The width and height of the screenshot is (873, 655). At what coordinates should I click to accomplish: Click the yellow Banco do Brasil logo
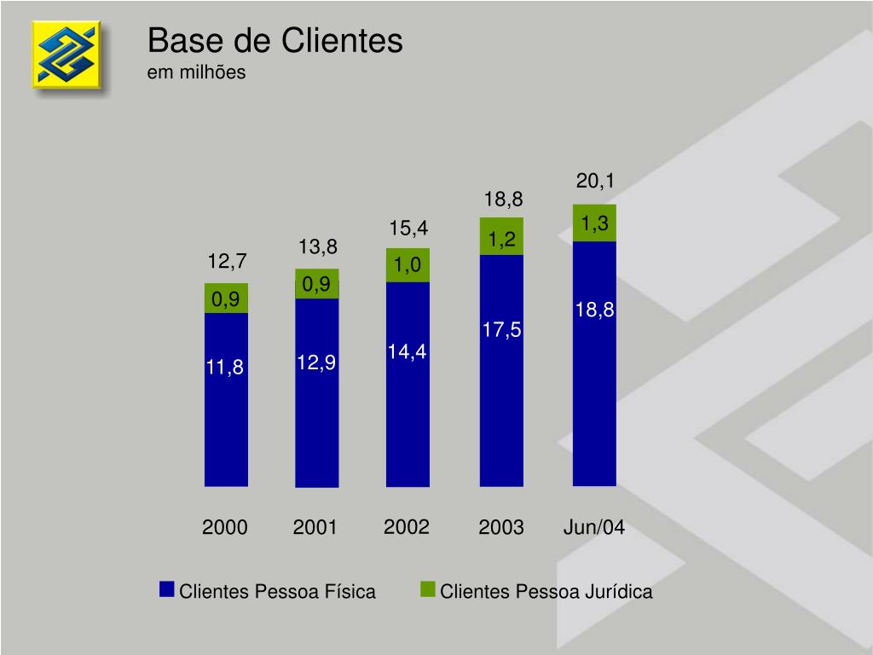coord(66,55)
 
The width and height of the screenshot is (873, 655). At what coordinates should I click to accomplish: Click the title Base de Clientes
coord(275,41)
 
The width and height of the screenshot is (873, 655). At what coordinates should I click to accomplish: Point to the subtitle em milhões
coord(196,72)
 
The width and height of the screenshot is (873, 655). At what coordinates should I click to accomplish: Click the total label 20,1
coord(595,181)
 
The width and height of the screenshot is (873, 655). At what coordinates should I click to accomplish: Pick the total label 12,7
coord(228,259)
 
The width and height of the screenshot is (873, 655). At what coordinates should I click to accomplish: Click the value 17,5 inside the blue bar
coord(501,330)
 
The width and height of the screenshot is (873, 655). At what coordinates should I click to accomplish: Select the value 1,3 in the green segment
coord(594,223)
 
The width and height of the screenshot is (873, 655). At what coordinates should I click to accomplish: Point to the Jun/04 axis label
coord(594,527)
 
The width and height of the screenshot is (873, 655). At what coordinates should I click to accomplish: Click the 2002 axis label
coord(406,526)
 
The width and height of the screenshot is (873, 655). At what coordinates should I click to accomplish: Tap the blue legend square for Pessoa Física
coord(166,590)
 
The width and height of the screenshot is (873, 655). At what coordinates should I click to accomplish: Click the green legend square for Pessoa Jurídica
coord(427,590)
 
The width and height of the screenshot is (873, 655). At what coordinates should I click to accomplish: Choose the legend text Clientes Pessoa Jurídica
coord(546,592)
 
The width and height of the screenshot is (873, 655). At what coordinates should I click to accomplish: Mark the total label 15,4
coord(408,228)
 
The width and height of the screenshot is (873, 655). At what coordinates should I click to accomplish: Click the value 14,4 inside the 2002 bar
coord(407,351)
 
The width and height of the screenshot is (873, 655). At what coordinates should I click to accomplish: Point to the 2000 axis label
coord(225,528)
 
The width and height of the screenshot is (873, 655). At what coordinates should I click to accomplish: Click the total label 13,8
coord(318,247)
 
